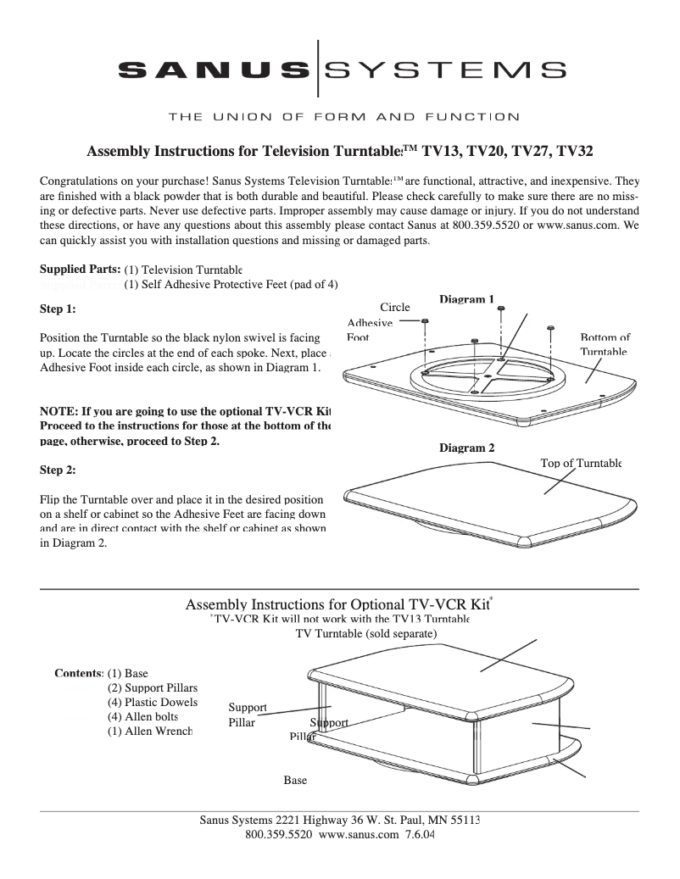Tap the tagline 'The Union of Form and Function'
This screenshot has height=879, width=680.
(x=343, y=116)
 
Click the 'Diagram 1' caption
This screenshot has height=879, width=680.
(x=466, y=299)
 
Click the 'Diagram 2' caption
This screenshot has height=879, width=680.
(x=466, y=448)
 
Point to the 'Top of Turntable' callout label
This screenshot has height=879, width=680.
(x=581, y=463)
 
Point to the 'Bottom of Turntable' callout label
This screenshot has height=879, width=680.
(x=605, y=344)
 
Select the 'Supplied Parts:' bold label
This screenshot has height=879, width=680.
(x=80, y=270)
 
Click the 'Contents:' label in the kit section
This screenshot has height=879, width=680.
(x=78, y=674)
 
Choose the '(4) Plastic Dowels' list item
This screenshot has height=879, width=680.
(x=152, y=703)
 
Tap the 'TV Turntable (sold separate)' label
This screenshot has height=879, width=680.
(x=365, y=633)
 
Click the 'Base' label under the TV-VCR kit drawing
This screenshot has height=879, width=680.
(x=295, y=780)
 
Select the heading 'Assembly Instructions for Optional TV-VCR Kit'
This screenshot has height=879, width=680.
(x=337, y=605)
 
